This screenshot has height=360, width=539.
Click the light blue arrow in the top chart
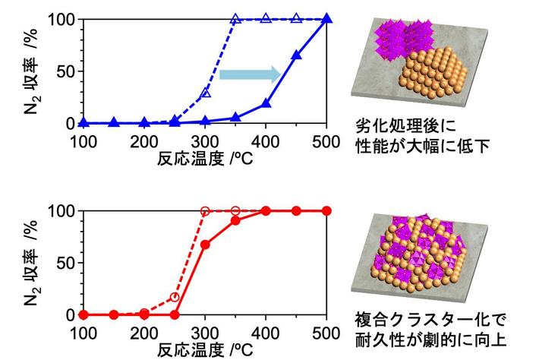(250, 74)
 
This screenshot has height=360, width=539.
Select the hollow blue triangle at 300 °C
(205, 93)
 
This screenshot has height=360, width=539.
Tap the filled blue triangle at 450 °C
(296, 55)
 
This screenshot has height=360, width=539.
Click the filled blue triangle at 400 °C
(266, 103)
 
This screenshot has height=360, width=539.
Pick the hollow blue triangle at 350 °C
(235, 19)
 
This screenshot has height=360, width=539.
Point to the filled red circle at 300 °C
(205, 245)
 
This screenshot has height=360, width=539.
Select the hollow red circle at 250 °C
(175, 296)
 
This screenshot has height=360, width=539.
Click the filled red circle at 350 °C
(235, 220)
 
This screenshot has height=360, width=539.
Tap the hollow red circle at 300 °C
(205, 210)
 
